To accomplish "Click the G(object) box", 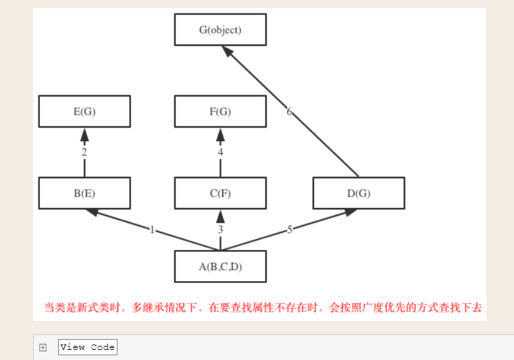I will click(220, 30).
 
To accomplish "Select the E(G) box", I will click(84, 111).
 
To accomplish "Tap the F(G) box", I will click(220, 111).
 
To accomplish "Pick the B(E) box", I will click(84, 193).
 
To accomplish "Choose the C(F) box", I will click(220, 193).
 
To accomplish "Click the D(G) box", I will click(359, 193).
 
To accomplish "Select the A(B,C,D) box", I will click(220, 266).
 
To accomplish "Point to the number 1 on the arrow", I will click(153, 230).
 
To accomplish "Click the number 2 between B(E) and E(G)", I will click(84, 153).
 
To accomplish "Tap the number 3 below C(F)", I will click(220, 230).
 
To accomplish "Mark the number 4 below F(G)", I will click(220, 153).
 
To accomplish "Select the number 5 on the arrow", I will click(290, 230).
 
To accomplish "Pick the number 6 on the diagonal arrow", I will click(289, 111).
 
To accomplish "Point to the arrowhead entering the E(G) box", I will click(84, 134).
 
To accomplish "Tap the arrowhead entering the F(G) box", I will click(220, 134).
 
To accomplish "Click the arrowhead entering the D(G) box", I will click(349, 212).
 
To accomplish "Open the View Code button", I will click(88, 347).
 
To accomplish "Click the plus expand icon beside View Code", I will click(43, 347).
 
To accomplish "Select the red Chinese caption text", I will click(263, 307).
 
